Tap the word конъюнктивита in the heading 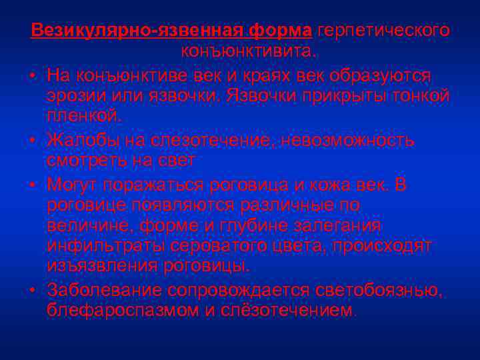[x=248, y=51]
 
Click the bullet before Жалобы [x=33, y=140]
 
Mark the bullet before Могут [x=33, y=183]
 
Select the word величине [x=89, y=225]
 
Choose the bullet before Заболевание [x=33, y=290]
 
